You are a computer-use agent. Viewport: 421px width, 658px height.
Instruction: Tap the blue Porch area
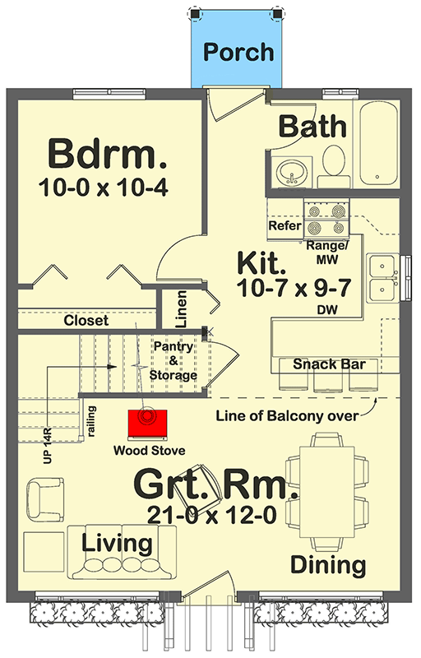(237, 49)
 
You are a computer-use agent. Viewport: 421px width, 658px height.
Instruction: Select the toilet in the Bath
(334, 167)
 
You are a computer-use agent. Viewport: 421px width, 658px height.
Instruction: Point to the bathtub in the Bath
(379, 143)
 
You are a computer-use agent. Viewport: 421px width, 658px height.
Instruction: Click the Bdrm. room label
(108, 154)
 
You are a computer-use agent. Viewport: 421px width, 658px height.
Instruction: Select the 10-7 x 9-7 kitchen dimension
(294, 288)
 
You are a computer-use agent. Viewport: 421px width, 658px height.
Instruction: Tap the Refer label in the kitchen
(285, 225)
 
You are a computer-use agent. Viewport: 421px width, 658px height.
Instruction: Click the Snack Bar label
(329, 364)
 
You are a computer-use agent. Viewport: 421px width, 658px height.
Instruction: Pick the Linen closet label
(181, 309)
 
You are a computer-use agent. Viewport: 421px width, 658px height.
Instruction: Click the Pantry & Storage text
(173, 360)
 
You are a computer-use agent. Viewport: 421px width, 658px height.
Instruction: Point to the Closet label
(86, 321)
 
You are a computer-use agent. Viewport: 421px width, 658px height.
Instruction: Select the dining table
(327, 492)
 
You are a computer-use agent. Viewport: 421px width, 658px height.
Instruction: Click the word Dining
(328, 565)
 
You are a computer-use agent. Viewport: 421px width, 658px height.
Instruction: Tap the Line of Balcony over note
(287, 416)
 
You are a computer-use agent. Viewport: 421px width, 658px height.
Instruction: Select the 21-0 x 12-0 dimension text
(212, 514)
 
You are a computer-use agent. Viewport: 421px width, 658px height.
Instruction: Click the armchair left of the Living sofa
(45, 500)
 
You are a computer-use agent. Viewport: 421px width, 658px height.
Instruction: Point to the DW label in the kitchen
(327, 310)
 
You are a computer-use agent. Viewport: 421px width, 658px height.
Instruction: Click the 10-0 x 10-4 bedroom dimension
(104, 188)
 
